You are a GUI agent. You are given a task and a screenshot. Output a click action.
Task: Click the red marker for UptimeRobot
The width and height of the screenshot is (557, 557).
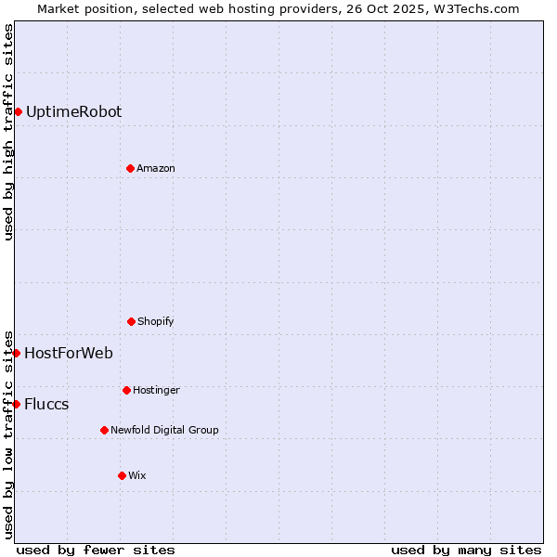pyautogui.click(x=18, y=112)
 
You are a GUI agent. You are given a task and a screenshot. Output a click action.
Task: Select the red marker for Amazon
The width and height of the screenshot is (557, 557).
pyautogui.click(x=130, y=168)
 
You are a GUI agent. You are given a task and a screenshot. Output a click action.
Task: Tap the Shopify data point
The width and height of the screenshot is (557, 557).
pyautogui.click(x=131, y=321)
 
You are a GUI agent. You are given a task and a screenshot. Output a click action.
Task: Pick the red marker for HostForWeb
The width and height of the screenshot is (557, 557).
pyautogui.click(x=16, y=353)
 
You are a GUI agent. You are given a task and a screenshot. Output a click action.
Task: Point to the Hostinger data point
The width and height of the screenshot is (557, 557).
pyautogui.click(x=126, y=390)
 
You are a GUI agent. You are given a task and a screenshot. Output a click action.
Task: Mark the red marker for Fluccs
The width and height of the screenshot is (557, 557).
pyautogui.click(x=16, y=404)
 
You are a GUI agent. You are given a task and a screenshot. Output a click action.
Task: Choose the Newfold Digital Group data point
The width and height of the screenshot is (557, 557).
pyautogui.click(x=104, y=430)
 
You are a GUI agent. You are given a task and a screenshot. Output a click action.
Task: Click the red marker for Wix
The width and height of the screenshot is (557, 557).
pyautogui.click(x=122, y=475)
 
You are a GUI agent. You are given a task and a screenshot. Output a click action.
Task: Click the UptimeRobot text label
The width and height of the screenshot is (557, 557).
pyautogui.click(x=73, y=112)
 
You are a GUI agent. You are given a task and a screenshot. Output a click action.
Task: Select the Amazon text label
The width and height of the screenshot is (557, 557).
pyautogui.click(x=156, y=169)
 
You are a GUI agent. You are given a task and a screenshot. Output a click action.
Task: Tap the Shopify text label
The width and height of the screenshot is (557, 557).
pyautogui.click(x=156, y=322)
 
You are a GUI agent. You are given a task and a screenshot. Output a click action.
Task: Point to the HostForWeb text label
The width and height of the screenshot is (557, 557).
pyautogui.click(x=69, y=354)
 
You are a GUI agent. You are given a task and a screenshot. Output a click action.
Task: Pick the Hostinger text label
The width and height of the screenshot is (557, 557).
pyautogui.click(x=156, y=391)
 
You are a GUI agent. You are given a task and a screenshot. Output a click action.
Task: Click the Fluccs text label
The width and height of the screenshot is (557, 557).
pyautogui.click(x=46, y=405)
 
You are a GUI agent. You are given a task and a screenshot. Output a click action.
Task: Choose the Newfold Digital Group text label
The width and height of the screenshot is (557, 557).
pyautogui.click(x=164, y=431)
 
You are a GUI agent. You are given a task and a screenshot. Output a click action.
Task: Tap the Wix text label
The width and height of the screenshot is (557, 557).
pyautogui.click(x=137, y=476)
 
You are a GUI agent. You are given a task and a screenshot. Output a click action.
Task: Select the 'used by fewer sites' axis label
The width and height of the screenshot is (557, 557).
pyautogui.click(x=96, y=550)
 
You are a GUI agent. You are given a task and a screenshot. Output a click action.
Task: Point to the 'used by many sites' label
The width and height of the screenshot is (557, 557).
pyautogui.click(x=466, y=550)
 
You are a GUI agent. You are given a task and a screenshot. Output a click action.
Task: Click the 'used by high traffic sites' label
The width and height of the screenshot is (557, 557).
pyautogui.click(x=8, y=132)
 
